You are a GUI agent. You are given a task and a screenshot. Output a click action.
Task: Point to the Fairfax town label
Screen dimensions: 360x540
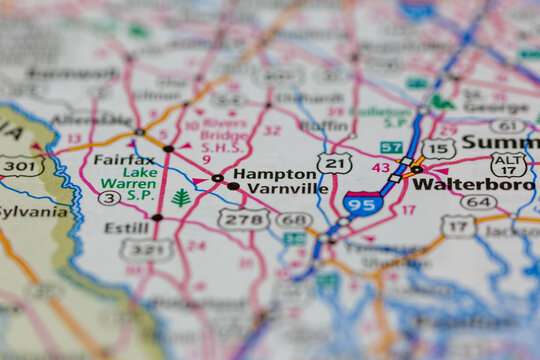click(x=124, y=159)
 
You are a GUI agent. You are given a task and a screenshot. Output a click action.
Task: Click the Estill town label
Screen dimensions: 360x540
click(x=127, y=227)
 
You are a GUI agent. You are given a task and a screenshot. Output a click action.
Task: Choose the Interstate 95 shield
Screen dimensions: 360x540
click(x=362, y=203)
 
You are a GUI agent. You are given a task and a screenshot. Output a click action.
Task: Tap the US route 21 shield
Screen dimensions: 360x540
click(x=334, y=163)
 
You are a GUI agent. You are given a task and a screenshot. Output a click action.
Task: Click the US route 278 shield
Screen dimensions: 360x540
click(x=245, y=218)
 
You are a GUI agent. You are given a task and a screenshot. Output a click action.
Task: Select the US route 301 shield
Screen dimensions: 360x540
click(x=22, y=165)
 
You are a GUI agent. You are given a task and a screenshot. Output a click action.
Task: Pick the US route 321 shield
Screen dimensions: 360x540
click(x=146, y=249)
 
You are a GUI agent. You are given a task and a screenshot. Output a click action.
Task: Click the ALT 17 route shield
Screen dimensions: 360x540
click(x=509, y=164)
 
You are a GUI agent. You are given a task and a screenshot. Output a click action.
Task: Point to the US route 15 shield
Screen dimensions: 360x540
click(x=438, y=149)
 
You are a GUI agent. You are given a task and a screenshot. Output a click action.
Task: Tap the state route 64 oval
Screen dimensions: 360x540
click(x=479, y=202)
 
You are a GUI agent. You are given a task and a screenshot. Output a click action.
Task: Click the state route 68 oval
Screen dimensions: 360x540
click(x=294, y=220)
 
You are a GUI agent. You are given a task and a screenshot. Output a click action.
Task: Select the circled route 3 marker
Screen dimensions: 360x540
click(x=109, y=198)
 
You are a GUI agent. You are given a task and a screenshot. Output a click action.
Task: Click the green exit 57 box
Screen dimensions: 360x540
click(x=391, y=148)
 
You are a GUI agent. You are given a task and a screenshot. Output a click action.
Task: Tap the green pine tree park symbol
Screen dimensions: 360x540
click(x=180, y=197)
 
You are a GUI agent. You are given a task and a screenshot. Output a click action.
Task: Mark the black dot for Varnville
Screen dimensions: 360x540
click(x=233, y=186)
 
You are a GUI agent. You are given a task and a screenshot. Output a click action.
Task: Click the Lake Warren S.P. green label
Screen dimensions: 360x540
click(x=126, y=178)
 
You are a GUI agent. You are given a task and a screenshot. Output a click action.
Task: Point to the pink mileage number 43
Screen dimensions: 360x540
click(x=380, y=167)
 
